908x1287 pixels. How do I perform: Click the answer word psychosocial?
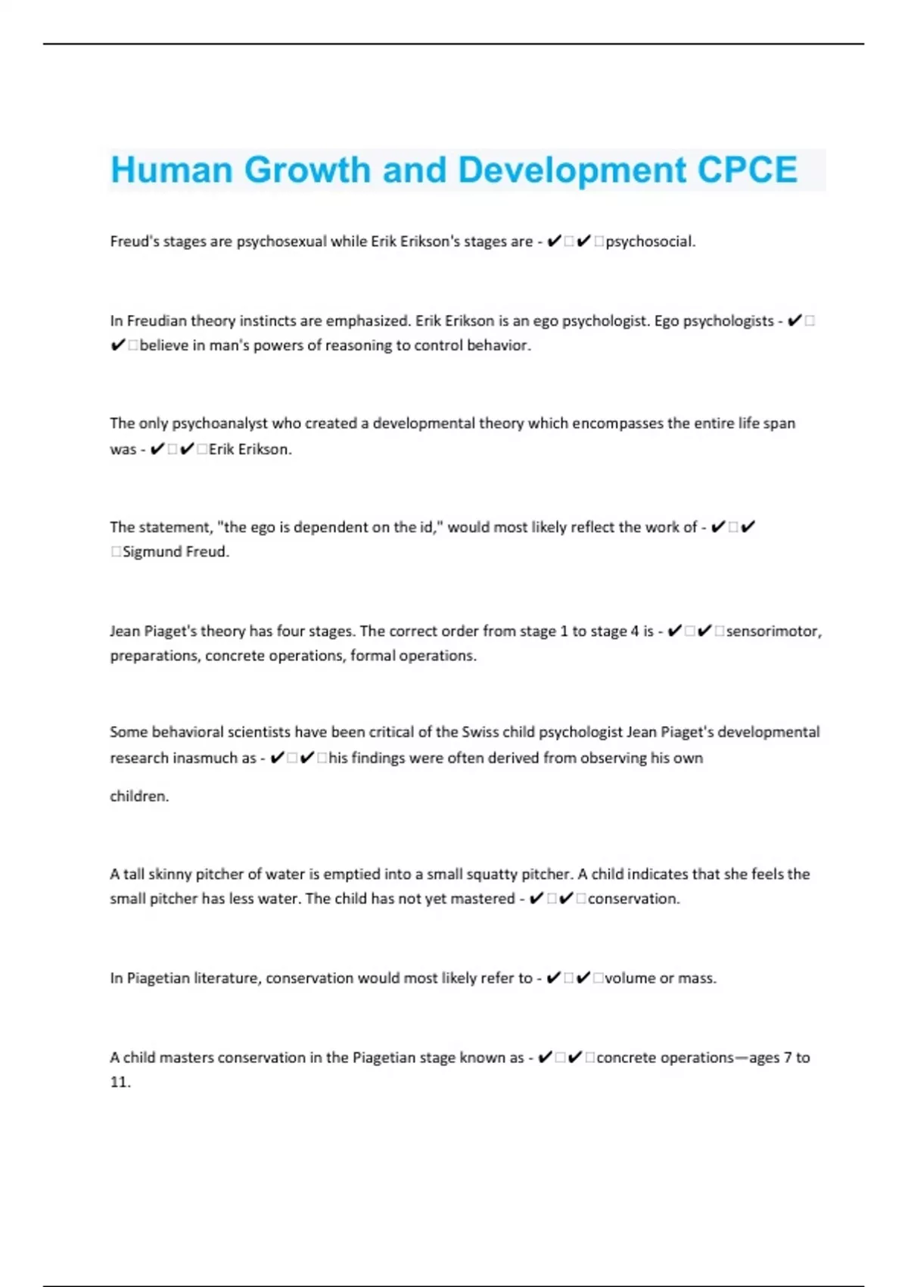click(x=649, y=242)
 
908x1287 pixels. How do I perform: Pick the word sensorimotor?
click(x=772, y=631)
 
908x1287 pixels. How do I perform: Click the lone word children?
click(x=138, y=796)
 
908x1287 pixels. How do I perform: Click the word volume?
click(x=630, y=978)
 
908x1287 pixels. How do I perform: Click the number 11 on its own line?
click(x=119, y=1083)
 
